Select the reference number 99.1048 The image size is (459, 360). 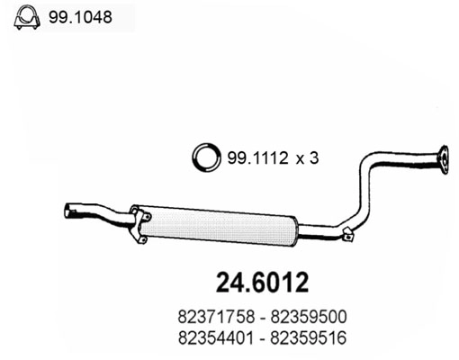(81, 16)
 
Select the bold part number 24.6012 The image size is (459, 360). (262, 283)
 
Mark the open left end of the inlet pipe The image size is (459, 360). (68, 212)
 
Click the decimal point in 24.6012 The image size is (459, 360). (244, 290)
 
